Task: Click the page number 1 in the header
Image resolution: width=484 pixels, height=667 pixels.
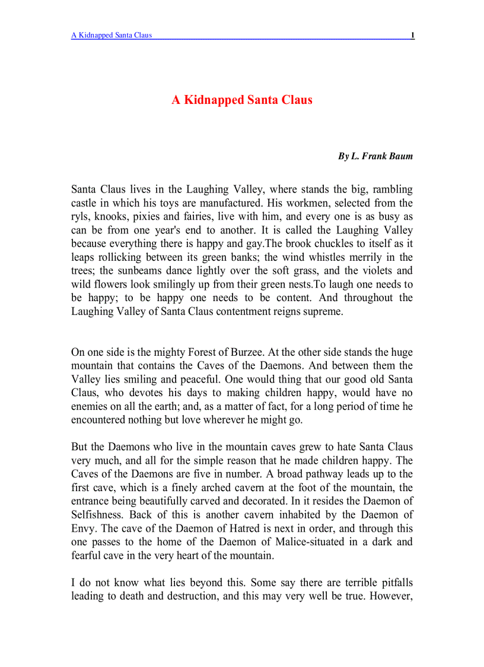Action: [412, 35]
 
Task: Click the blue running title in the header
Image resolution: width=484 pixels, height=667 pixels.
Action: [112, 35]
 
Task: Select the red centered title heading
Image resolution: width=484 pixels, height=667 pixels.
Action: [242, 100]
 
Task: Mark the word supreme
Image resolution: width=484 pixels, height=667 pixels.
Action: [323, 311]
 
